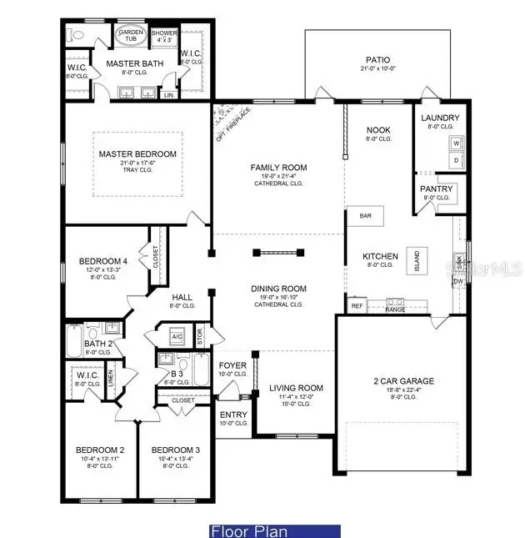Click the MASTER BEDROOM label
click(137, 154)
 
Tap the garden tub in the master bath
click(130, 36)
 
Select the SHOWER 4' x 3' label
click(164, 36)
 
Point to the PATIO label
click(377, 60)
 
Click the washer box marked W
click(456, 143)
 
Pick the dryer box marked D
click(456, 158)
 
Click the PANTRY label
click(436, 189)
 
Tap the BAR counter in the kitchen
click(366, 215)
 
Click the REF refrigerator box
click(357, 306)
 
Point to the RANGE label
click(395, 309)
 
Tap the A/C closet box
click(177, 337)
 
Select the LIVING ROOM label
click(294, 388)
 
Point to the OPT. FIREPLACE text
click(232, 118)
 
